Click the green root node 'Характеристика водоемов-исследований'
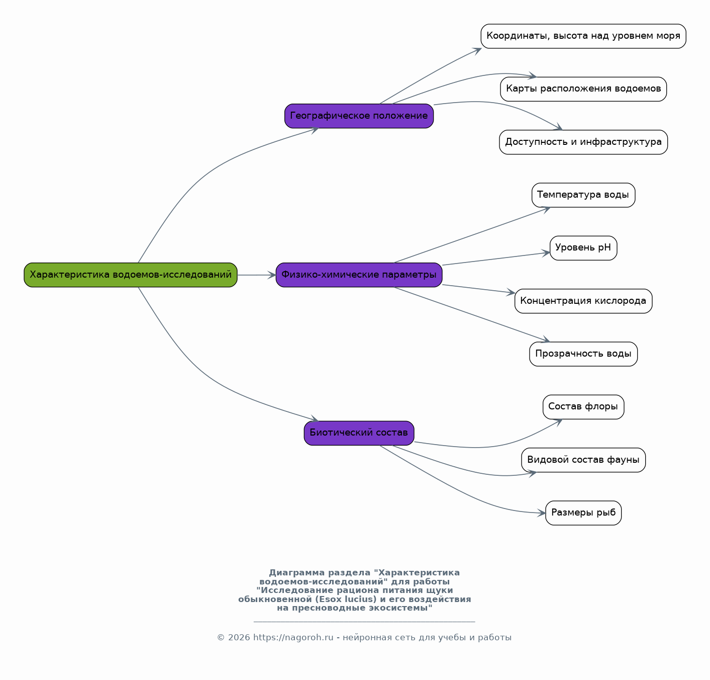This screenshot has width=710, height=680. click(131, 275)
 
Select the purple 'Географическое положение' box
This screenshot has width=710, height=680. click(359, 116)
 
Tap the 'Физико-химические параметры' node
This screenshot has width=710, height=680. click(359, 275)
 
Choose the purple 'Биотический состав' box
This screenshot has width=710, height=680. click(359, 433)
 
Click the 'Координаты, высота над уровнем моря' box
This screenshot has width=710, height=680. click(583, 36)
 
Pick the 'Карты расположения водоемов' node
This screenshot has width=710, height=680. click(583, 89)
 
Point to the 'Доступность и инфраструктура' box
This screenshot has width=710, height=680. click(583, 142)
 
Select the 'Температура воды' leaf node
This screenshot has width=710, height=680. click(583, 195)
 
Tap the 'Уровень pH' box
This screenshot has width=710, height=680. click(583, 248)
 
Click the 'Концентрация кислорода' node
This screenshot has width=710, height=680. click(583, 301)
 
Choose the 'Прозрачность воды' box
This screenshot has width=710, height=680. click(583, 354)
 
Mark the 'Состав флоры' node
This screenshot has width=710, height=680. click(583, 407)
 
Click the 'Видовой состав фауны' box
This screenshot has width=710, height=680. click(583, 460)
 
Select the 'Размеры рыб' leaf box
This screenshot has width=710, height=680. click(583, 513)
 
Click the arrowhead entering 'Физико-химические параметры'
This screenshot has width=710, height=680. click(272, 275)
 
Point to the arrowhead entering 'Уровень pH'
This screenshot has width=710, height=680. click(546, 253)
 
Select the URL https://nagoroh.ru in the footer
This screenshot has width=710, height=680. click(293, 637)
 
